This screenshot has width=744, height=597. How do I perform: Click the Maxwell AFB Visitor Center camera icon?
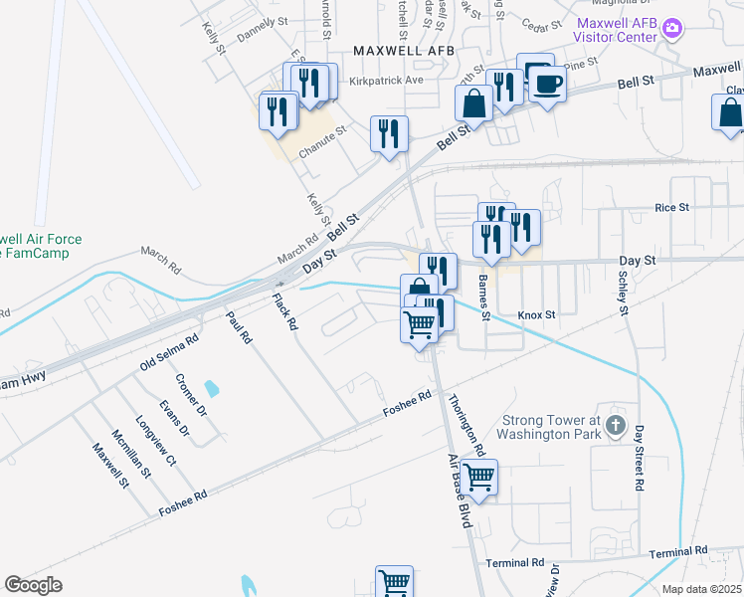(673, 28)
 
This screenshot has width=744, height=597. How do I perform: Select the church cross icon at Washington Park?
(616, 428)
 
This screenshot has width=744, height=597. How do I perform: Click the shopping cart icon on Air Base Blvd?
(479, 478)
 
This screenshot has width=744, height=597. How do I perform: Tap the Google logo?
(33, 584)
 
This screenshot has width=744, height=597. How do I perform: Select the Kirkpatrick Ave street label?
(382, 79)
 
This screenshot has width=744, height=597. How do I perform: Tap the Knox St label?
(536, 314)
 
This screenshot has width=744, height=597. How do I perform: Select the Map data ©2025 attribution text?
(700, 589)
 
